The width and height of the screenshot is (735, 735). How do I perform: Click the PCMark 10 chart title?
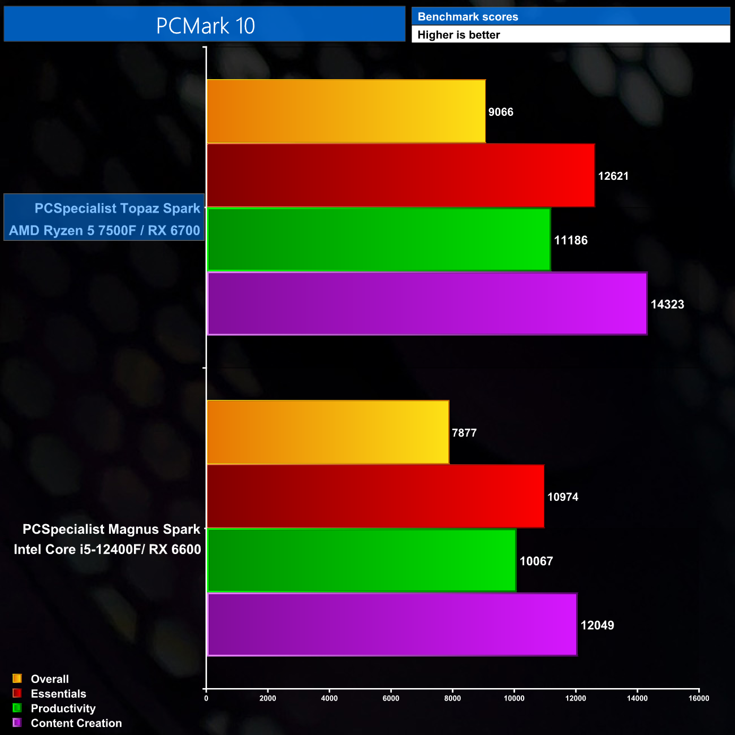point(205,25)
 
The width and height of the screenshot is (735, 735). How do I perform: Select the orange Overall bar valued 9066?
point(346,111)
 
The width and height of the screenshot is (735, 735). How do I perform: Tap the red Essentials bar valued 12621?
point(400,175)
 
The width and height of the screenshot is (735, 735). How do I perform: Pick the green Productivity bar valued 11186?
point(379,240)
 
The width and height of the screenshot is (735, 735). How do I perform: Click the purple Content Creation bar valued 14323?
point(427,304)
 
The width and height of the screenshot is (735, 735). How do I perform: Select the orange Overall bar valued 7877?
point(328,432)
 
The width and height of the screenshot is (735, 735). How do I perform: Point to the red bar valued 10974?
point(375,496)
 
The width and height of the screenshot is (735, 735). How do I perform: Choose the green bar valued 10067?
point(362,560)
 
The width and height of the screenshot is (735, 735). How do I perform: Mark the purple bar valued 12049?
point(392,624)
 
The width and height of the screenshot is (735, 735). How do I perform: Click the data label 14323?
point(667,304)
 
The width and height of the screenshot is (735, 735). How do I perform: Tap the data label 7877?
point(464,433)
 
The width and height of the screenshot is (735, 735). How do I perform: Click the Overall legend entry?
point(50,679)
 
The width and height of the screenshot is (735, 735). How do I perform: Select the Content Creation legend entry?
point(76,723)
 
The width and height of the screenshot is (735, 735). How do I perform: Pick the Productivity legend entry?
point(63,708)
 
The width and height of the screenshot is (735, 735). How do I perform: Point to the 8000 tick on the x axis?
point(452,698)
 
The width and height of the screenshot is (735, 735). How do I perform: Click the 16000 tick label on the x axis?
point(699,698)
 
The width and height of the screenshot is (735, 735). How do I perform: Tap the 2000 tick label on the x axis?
point(267,698)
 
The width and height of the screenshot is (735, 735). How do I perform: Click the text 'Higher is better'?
point(459,35)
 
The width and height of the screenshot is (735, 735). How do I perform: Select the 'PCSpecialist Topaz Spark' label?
point(117,208)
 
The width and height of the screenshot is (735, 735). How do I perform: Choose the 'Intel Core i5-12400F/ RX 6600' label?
point(107,550)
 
